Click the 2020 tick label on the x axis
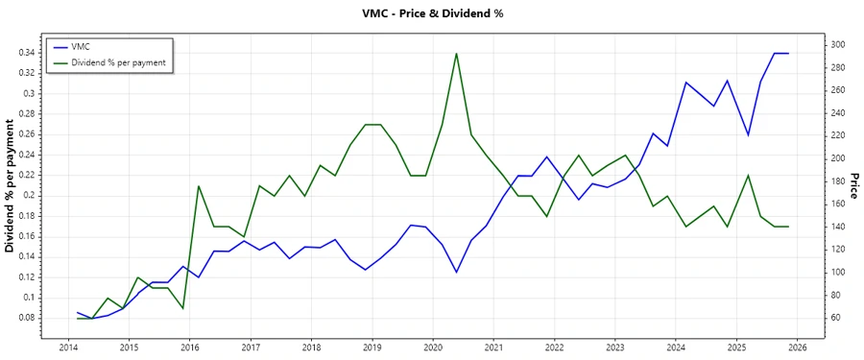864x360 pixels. tap(432, 348)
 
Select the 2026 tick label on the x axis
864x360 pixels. tap(797, 348)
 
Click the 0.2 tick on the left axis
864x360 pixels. tap(30, 195)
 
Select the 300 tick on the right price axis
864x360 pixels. tap(838, 44)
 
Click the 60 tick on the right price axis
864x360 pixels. tap(835, 318)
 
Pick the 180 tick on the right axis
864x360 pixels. tap(838, 180)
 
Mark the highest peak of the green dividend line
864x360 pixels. tap(456, 53)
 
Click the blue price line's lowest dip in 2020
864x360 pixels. tap(456, 273)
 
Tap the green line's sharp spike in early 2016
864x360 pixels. tap(198, 185)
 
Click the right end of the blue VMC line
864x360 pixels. tap(788, 53)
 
